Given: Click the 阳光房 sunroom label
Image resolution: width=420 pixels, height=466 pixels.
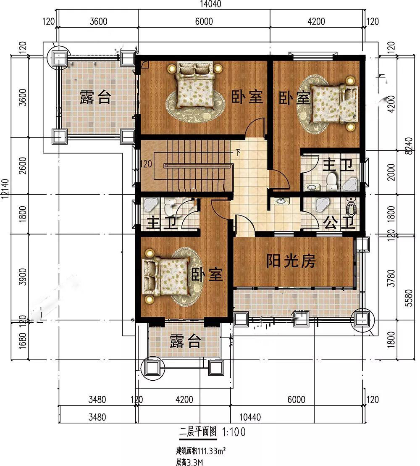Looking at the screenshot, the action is pos(291,261).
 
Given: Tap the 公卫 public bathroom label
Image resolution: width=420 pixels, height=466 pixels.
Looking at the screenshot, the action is pos(339,223).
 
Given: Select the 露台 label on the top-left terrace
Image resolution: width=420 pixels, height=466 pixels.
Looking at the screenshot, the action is pos(95,97).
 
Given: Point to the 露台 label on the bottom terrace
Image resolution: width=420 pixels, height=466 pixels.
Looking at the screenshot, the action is pos(185,341).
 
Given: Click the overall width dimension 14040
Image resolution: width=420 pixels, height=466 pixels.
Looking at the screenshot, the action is pos(210,4).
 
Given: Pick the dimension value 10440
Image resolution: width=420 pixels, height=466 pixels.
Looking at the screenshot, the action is pos(250,417).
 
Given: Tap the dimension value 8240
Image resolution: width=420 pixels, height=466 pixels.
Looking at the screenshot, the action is pos(409,146).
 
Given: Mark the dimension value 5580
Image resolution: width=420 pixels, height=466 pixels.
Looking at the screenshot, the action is pos(409,298).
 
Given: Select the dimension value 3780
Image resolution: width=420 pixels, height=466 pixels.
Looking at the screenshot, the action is pos(392,278).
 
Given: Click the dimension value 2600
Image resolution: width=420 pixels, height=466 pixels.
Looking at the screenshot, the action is pos(23,166).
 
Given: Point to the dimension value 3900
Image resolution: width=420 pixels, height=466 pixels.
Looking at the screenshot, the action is pos(23,277).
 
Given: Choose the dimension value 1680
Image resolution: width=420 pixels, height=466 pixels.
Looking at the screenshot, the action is pos(23,341).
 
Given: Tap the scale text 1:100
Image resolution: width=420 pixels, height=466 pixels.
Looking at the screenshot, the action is pos(234,432).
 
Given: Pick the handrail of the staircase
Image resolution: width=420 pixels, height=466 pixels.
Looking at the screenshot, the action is pos(197,166).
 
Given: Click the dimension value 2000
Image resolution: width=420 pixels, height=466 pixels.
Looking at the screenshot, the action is pos(392,172).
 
